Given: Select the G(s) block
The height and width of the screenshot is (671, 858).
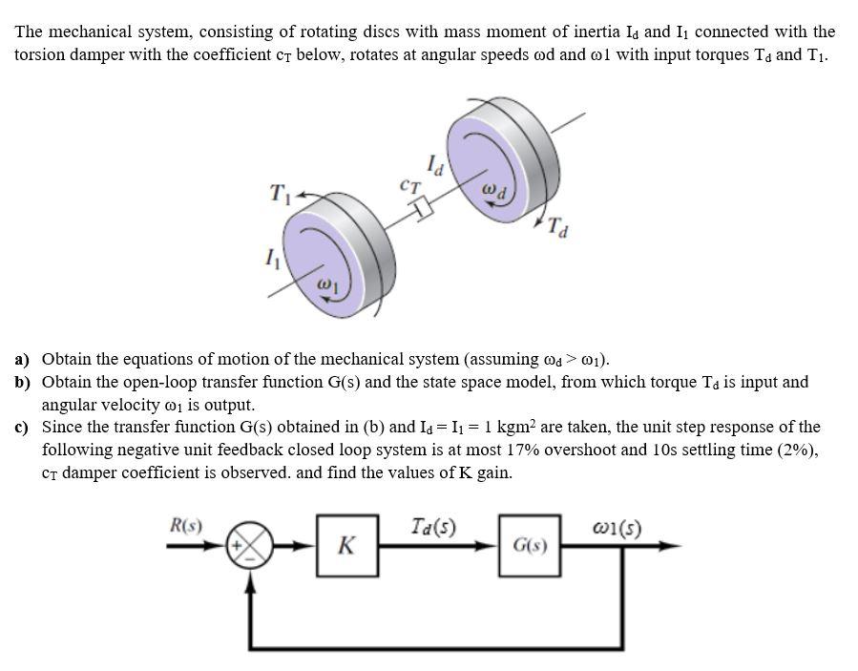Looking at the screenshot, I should click(527, 547).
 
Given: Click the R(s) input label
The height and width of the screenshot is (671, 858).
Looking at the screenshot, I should click(184, 525).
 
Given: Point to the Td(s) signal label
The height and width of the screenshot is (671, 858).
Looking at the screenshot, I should click(432, 526).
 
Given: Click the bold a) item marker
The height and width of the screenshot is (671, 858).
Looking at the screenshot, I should click(22, 360).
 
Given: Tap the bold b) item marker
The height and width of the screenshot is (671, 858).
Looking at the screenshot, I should click(22, 383).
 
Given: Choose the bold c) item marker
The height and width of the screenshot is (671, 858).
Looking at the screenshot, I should click(22, 428).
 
